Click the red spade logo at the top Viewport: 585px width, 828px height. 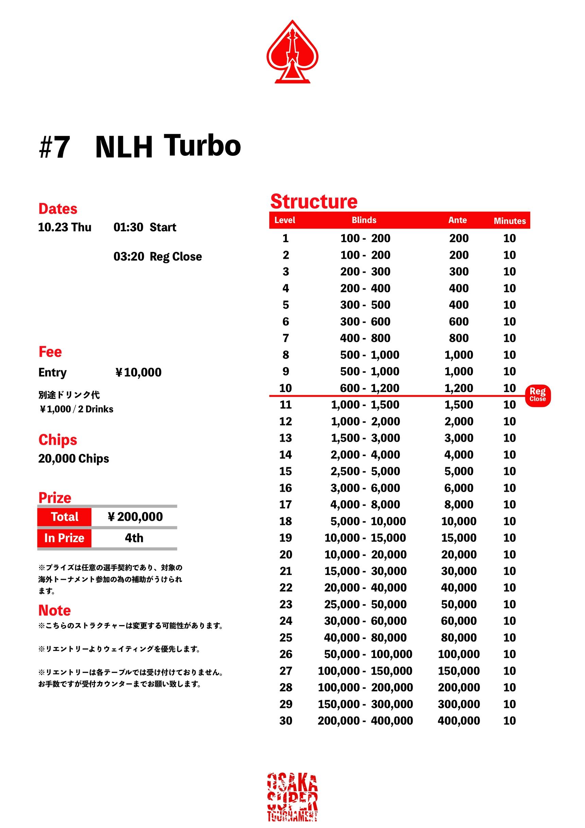click(292, 52)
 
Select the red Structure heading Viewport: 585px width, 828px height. click(314, 201)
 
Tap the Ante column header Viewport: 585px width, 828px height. click(458, 220)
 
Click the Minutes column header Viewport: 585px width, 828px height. click(510, 221)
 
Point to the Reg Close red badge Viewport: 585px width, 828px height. click(537, 395)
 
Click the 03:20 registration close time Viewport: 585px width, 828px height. click(129, 256)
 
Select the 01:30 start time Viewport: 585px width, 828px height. click(128, 227)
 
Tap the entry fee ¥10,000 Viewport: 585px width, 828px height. click(138, 372)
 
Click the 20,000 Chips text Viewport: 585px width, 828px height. click(73, 458)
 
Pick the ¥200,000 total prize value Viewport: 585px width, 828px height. click(135, 517)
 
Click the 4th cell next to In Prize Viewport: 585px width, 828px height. click(134, 538)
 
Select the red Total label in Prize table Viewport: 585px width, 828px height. click(65, 517)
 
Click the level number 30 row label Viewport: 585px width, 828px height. click(286, 721)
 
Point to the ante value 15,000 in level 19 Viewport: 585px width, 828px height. click(459, 538)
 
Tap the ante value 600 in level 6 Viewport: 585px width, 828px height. click(459, 321)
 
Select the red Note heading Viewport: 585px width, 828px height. click(54, 610)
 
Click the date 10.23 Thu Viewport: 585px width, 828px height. click(65, 227)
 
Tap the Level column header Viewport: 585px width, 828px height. click(285, 220)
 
